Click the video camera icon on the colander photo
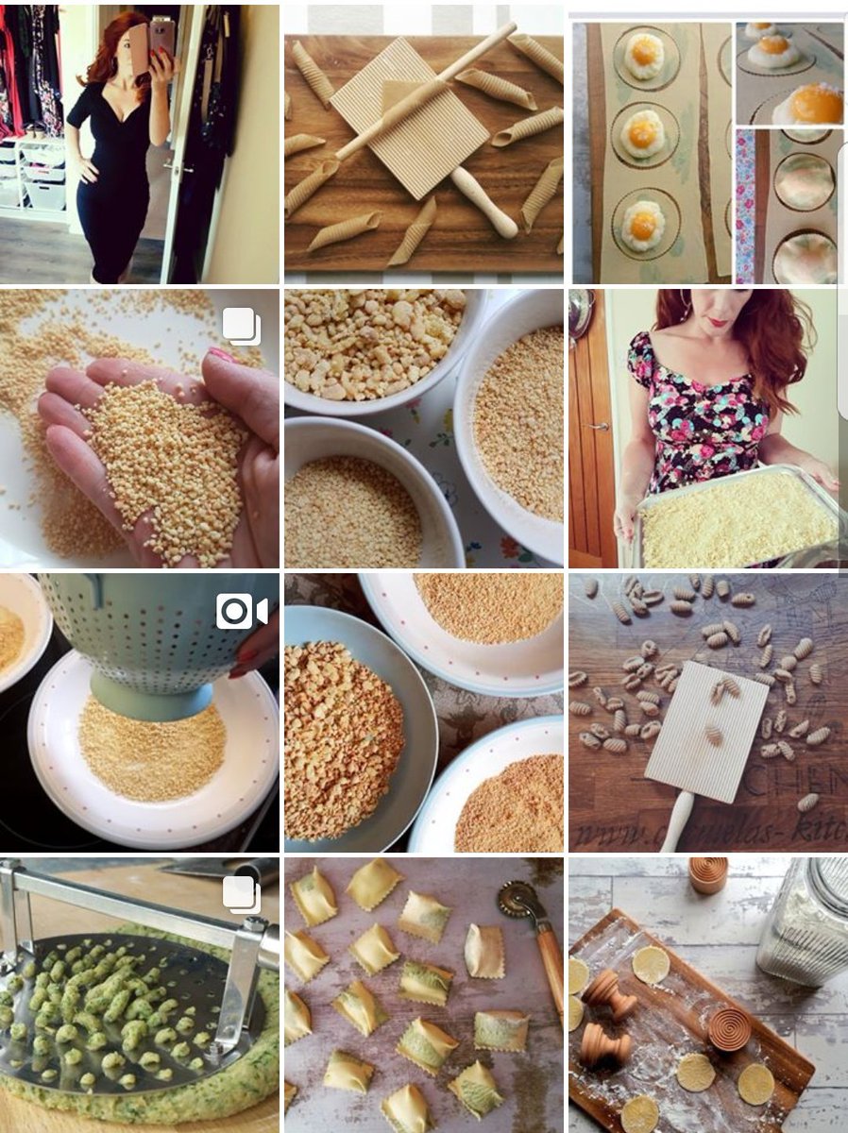point(241,612)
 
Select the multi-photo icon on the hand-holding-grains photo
point(242,326)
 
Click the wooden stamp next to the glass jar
point(707,874)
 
